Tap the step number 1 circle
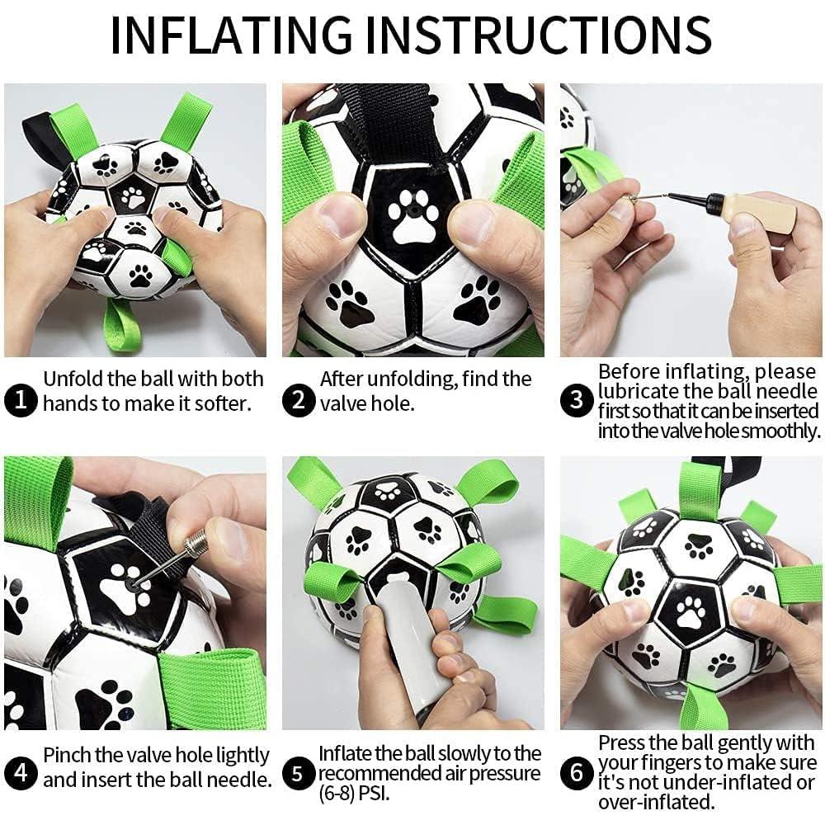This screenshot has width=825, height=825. pyautogui.click(x=20, y=402)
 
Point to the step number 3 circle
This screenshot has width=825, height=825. pyautogui.click(x=577, y=402)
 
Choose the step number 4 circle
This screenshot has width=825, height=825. pyautogui.click(x=20, y=774)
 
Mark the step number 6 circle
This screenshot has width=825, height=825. pyautogui.click(x=577, y=774)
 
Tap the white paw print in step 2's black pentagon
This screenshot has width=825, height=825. pyautogui.click(x=414, y=218)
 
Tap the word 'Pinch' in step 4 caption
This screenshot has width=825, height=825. pyautogui.click(x=69, y=755)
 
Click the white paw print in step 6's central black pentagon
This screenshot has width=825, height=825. pyautogui.click(x=690, y=614)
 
